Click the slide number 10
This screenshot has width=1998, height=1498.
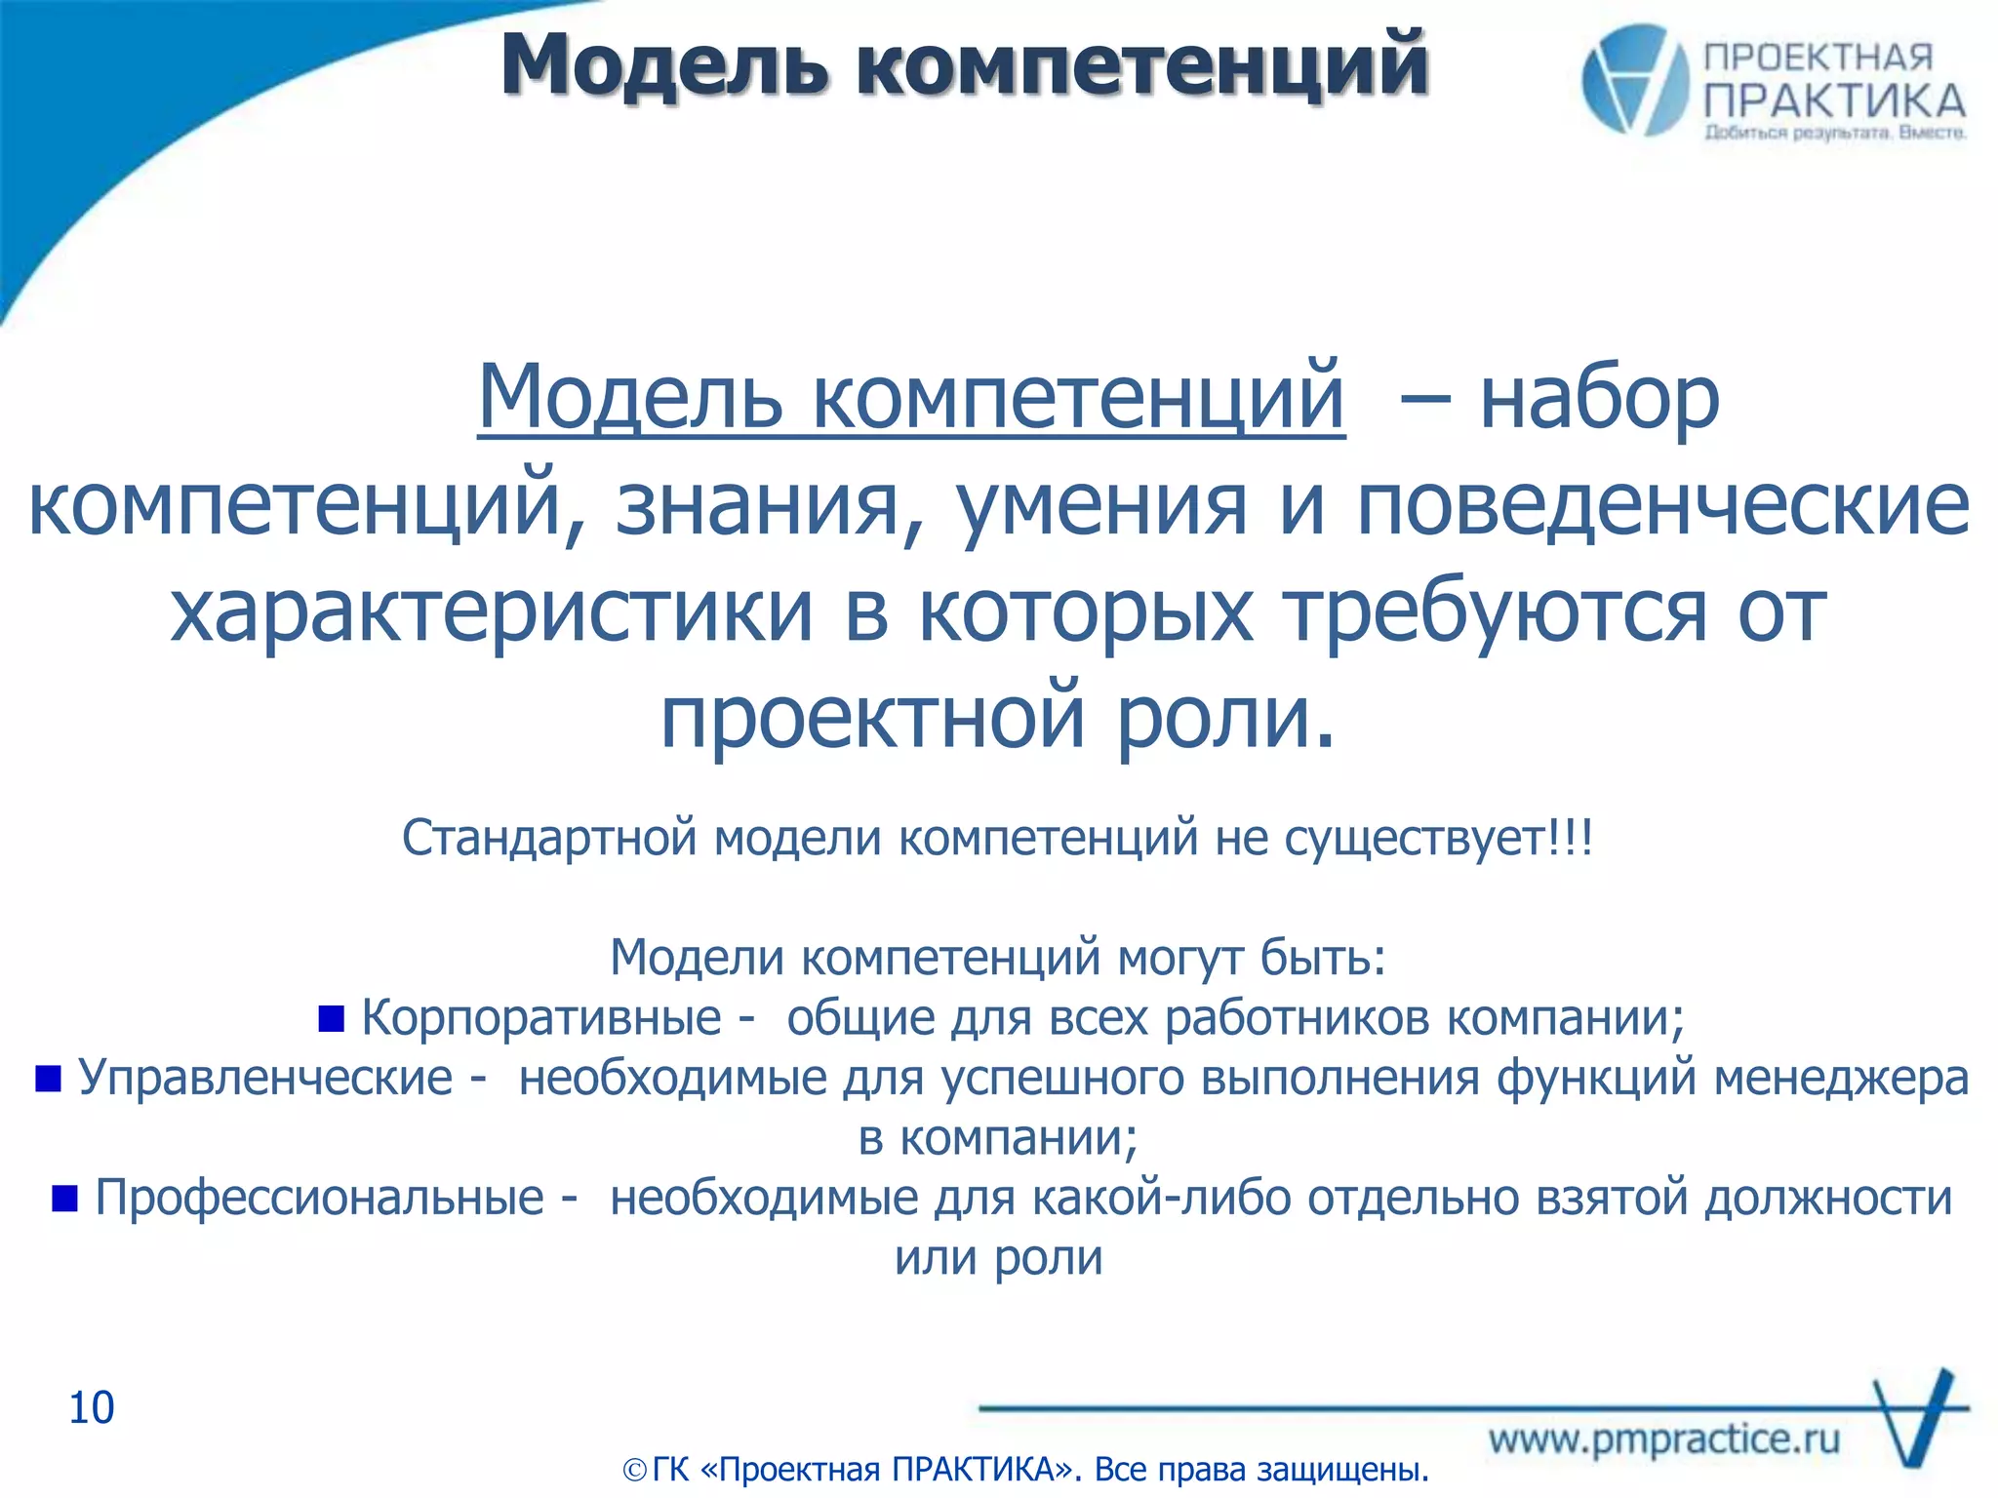[92, 1408]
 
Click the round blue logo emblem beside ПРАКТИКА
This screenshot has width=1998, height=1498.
[1635, 80]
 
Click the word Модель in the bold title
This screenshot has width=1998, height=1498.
[664, 66]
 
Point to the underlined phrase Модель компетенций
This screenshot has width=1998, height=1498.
[911, 398]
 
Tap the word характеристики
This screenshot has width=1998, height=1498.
[492, 612]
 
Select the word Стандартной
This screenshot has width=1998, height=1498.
[549, 837]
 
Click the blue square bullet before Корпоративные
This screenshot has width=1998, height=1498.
[332, 1019]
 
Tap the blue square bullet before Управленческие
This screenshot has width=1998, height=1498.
[48, 1079]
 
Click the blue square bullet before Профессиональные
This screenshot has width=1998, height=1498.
[64, 1198]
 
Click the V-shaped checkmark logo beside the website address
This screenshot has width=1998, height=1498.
[1917, 1419]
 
